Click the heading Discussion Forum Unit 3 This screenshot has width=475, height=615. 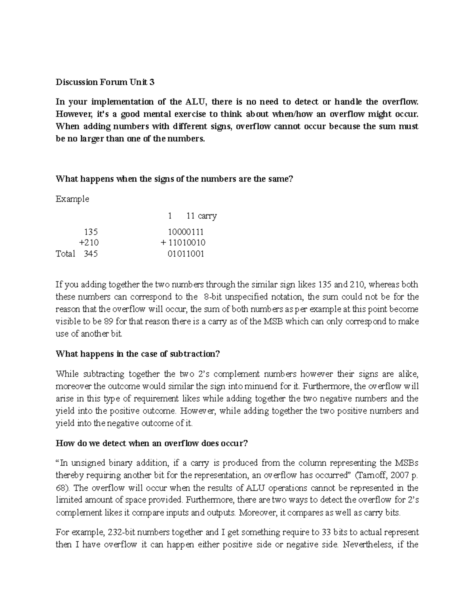[x=105, y=82]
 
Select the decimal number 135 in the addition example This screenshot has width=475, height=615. [x=91, y=232]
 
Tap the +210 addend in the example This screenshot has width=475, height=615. [x=89, y=242]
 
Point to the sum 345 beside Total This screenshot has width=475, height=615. [x=91, y=254]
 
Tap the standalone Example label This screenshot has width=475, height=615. [x=72, y=199]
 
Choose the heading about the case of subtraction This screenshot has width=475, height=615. [x=137, y=354]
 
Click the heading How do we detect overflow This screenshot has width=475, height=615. [x=152, y=443]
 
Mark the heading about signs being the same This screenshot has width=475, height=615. [x=174, y=179]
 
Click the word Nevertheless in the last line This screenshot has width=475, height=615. [x=367, y=545]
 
